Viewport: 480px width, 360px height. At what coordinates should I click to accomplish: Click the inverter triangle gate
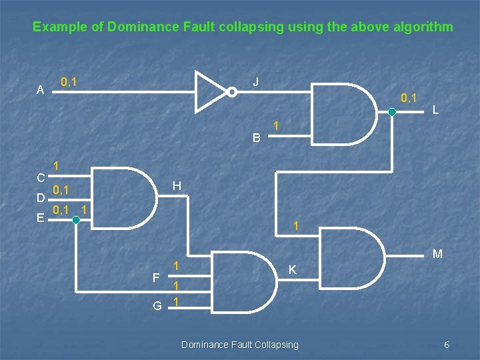pyautogui.click(x=210, y=91)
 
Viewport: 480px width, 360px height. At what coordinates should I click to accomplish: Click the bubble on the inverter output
pyautogui.click(x=231, y=92)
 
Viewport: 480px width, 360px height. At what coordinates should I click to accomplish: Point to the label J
pyautogui.click(x=255, y=82)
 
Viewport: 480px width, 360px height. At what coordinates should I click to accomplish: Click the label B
pyautogui.click(x=257, y=139)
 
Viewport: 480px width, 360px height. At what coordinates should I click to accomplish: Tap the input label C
pyautogui.click(x=41, y=178)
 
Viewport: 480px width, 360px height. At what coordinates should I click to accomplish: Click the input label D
pyautogui.click(x=41, y=198)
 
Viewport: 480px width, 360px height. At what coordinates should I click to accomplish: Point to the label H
pyautogui.click(x=176, y=185)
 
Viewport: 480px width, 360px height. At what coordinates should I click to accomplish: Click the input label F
pyautogui.click(x=155, y=277)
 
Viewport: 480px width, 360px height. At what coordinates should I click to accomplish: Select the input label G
pyautogui.click(x=157, y=306)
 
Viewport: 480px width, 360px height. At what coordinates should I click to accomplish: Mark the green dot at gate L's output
pyautogui.click(x=393, y=113)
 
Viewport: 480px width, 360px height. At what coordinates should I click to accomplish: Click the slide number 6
pyautogui.click(x=447, y=344)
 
